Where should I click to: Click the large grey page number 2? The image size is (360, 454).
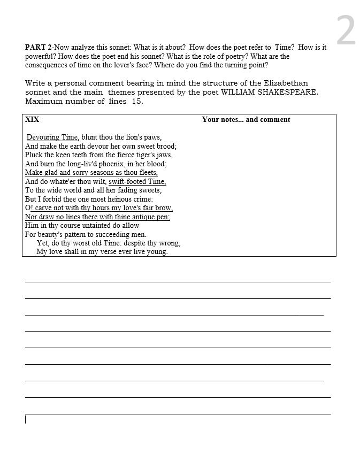[x=346, y=31]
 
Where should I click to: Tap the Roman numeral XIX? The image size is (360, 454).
[x=32, y=119]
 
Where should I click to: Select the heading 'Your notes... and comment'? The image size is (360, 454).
[x=246, y=119]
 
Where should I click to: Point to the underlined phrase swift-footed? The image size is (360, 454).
[x=127, y=181]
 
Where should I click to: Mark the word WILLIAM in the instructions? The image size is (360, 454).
[x=241, y=92]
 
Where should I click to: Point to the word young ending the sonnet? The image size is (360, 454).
[x=157, y=252]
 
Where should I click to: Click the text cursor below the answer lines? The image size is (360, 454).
[x=25, y=419]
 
